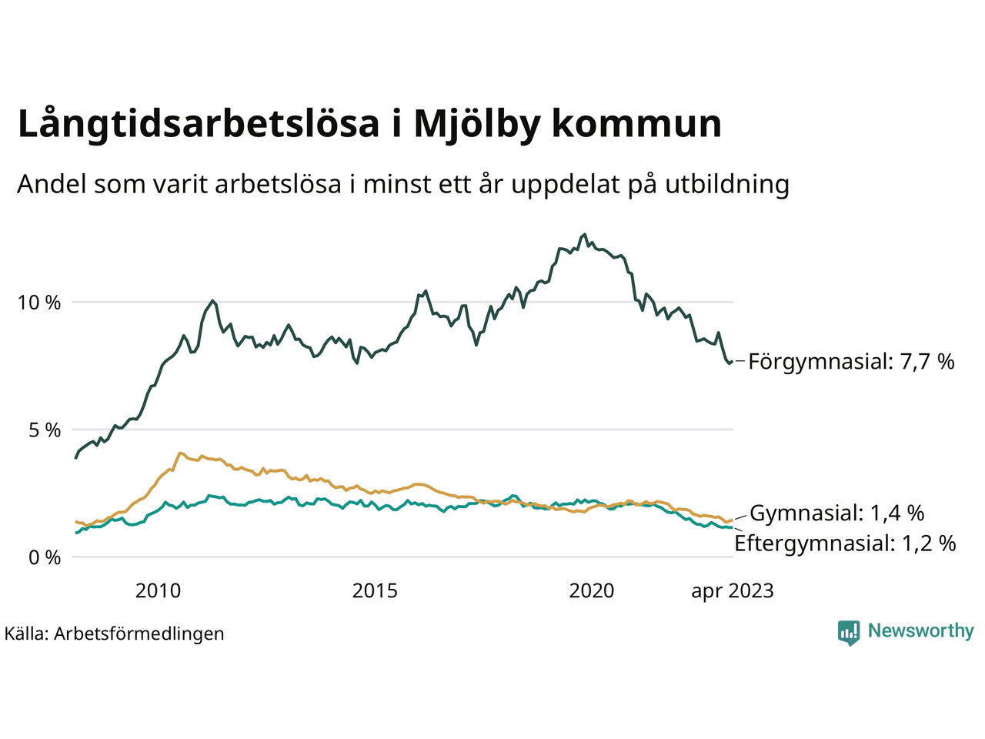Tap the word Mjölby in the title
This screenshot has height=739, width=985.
tap(476, 125)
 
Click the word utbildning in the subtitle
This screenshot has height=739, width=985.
tap(727, 185)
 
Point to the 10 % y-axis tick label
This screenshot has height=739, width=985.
tap(38, 303)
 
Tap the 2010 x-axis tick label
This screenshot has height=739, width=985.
tap(158, 591)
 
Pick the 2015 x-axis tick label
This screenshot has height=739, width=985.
tap(375, 591)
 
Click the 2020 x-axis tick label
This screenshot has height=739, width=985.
tap(591, 591)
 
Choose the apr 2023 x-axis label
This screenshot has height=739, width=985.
tap(732, 591)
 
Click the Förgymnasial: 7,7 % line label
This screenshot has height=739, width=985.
tap(851, 361)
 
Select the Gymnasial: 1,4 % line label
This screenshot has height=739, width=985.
tap(836, 513)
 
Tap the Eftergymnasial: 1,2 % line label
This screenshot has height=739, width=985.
tap(845, 543)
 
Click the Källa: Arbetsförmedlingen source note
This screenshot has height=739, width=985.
tap(114, 634)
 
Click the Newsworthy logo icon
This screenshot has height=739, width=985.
tap(848, 633)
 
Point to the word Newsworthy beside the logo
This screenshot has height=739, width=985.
tap(920, 631)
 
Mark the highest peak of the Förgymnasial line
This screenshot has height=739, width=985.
tap(585, 235)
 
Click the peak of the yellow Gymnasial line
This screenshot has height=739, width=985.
tap(180, 453)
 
